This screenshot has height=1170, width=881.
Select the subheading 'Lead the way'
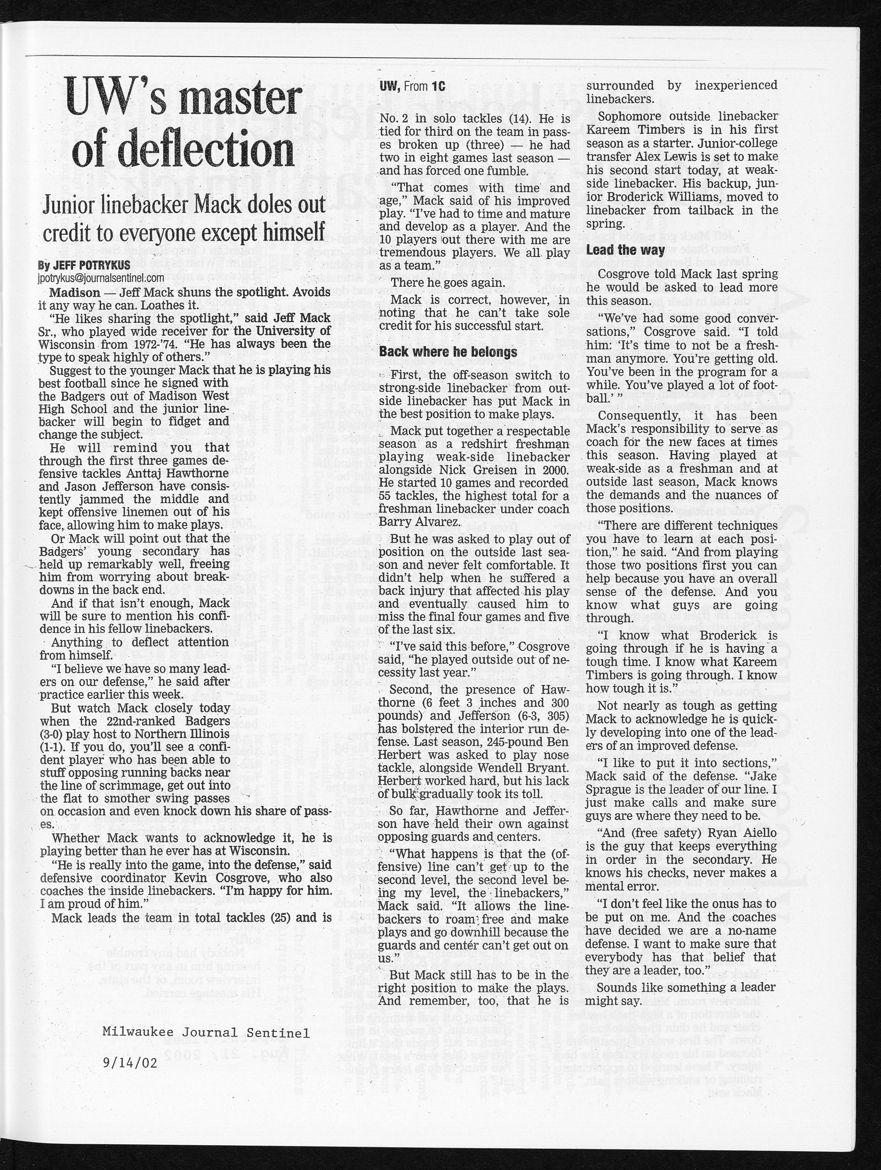pos(625,250)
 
